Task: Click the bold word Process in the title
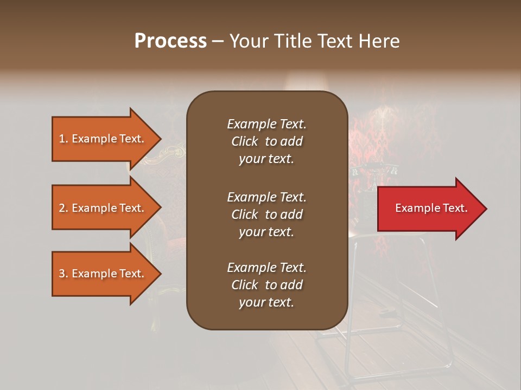point(170,41)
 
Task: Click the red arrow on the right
point(429,209)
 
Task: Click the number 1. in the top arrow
point(63,139)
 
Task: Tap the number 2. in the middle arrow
point(63,208)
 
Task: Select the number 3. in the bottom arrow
point(63,274)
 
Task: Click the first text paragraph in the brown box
point(266,141)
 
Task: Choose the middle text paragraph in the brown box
point(266,214)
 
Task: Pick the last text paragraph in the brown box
point(266,285)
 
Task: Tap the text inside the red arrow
point(431,209)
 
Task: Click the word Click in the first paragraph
point(245,141)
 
